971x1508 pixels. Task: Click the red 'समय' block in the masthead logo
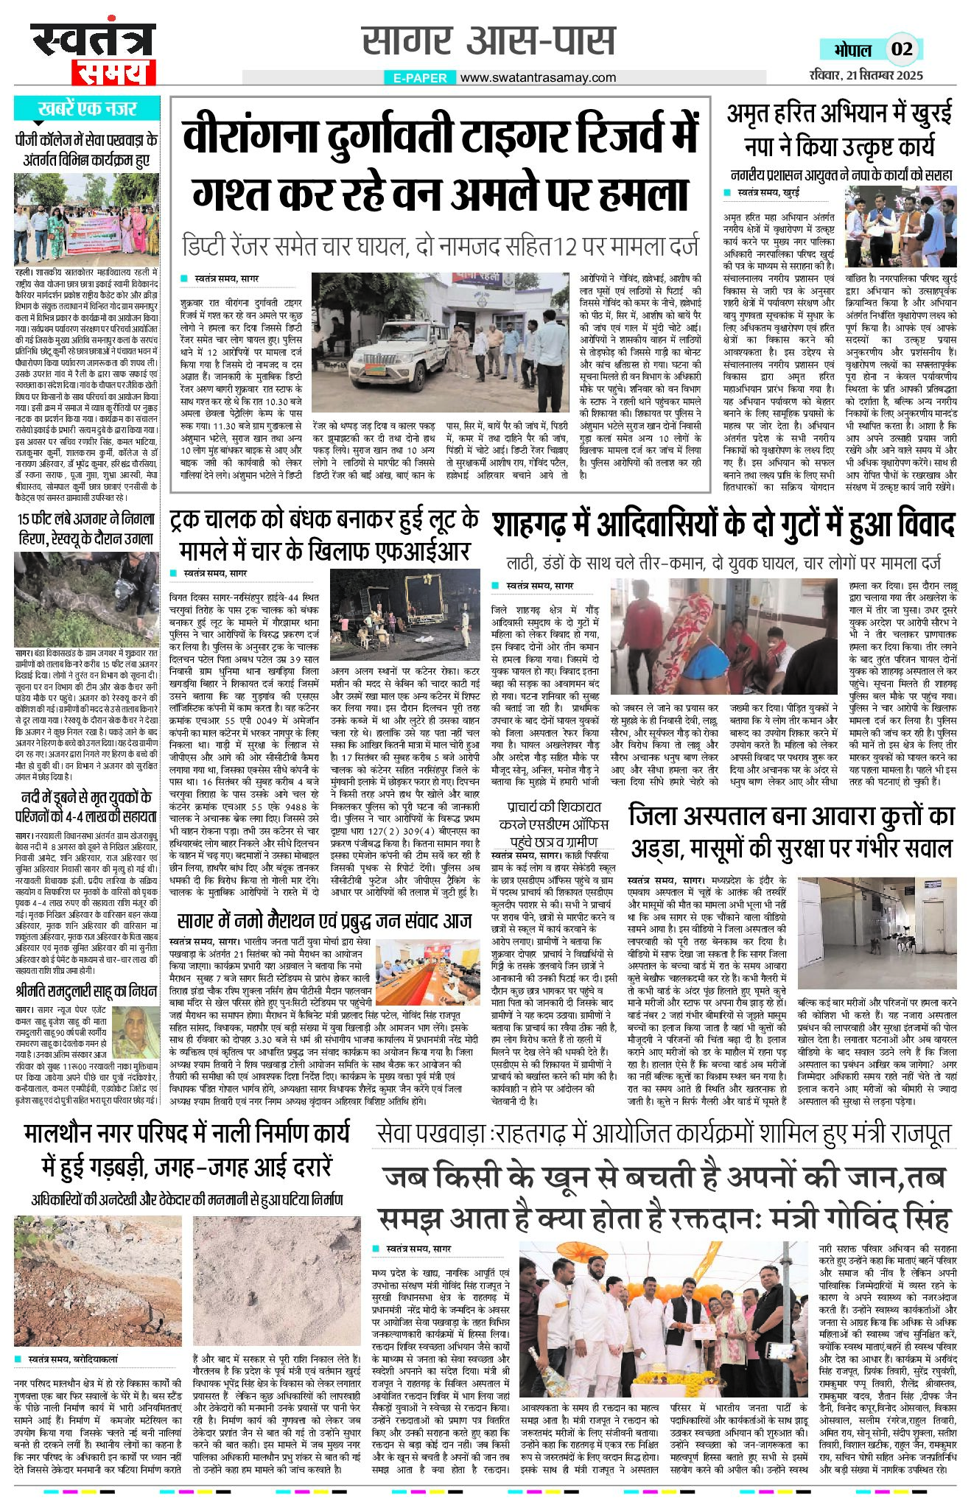[x=113, y=72]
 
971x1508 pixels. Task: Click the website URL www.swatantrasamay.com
[x=539, y=77]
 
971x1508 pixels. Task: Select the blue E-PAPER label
[x=420, y=77]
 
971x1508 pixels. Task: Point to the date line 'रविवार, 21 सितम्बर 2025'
[x=864, y=74]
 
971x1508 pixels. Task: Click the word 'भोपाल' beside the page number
[x=852, y=50]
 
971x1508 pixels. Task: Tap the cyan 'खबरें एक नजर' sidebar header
[x=87, y=109]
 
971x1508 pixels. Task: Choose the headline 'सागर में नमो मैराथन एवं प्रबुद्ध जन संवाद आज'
[x=324, y=921]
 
